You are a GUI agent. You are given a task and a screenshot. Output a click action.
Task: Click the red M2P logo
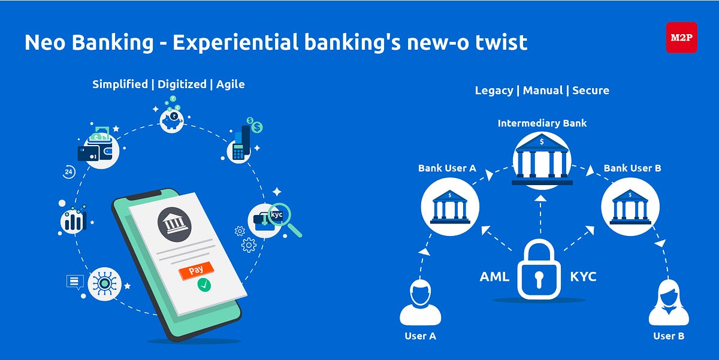coord(681,37)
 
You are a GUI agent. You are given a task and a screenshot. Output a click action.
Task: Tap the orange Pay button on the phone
coord(196,271)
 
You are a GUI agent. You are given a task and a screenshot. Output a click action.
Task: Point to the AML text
coord(494,277)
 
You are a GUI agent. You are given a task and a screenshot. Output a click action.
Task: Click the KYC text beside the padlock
coord(583,277)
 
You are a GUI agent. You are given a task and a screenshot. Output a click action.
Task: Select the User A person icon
coord(420,303)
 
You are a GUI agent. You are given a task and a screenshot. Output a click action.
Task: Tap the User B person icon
coord(668,303)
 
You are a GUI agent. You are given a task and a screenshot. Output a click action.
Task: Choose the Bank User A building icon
coord(450,206)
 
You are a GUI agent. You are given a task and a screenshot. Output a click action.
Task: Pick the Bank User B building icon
coord(630,206)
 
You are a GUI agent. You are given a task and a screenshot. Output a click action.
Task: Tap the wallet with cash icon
coord(98,144)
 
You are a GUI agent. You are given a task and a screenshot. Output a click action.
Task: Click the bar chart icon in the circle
coord(73,221)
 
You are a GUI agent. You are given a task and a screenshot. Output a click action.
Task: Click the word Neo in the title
coord(45,42)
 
